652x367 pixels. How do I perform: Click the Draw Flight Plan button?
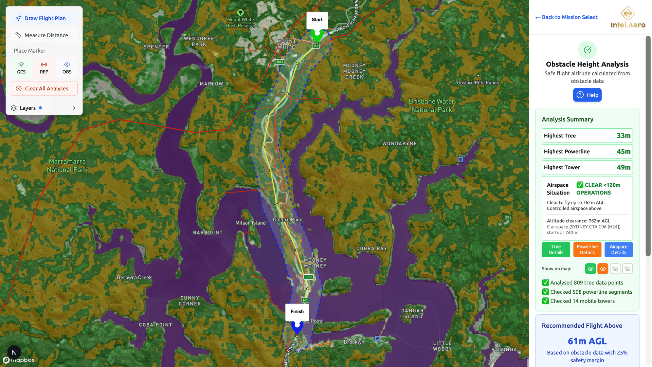click(44, 18)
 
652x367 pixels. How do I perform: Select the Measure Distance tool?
click(44, 35)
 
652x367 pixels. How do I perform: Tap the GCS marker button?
click(21, 68)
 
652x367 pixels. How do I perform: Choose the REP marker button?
click(44, 68)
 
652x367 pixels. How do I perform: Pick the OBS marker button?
click(67, 68)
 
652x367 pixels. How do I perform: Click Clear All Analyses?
click(44, 89)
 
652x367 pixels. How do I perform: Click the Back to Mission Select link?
click(566, 17)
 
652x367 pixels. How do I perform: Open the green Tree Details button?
click(556, 250)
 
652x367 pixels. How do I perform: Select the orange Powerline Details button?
click(587, 250)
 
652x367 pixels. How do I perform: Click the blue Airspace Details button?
click(618, 250)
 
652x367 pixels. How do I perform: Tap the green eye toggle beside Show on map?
click(591, 269)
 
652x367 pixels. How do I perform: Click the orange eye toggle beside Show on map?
click(603, 269)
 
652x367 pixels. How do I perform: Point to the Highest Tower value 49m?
click(623, 167)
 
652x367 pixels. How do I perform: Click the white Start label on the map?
click(317, 20)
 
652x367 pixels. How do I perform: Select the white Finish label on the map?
click(297, 311)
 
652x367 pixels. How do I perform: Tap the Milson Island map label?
click(251, 223)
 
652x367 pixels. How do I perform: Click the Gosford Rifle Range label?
click(478, 83)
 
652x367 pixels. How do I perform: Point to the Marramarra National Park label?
click(67, 166)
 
